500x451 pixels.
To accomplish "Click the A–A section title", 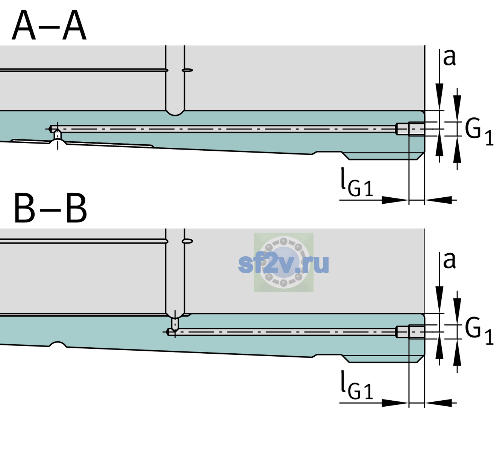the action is (49, 25).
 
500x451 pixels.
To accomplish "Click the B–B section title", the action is (51, 208).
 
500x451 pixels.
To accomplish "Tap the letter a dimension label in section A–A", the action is (449, 58).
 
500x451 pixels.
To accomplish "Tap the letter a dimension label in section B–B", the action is (449, 260).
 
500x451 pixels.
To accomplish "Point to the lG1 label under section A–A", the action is (357, 182).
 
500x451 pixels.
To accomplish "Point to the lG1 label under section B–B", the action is (357, 385).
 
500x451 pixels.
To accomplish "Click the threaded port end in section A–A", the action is (410, 129).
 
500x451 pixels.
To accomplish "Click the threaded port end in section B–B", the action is (410, 332).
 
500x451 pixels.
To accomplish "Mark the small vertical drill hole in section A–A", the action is (58, 135).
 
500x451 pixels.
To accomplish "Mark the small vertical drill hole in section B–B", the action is (175, 324).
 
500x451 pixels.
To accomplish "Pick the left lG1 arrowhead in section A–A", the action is (395, 200).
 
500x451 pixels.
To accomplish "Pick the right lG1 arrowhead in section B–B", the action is (438, 403).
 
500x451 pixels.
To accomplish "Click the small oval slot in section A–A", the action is (188, 70).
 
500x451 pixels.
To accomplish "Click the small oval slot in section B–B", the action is (188, 241).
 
